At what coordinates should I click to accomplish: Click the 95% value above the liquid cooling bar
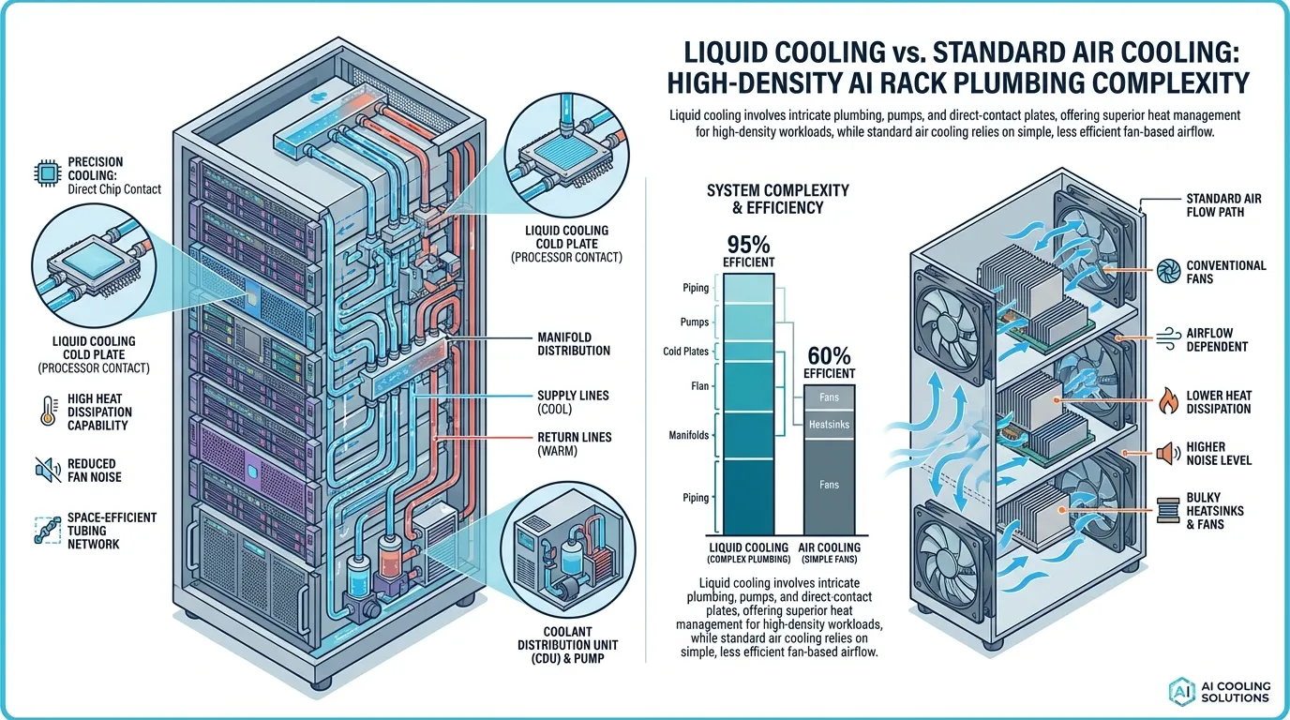click(748, 245)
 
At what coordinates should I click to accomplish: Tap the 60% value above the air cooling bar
click(829, 355)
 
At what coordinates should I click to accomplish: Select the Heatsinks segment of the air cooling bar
click(829, 425)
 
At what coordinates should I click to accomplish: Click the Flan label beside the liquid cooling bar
click(699, 386)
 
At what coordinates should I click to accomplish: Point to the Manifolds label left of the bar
click(689, 435)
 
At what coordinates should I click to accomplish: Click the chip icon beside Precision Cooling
click(47, 172)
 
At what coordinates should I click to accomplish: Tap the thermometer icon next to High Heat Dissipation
click(49, 412)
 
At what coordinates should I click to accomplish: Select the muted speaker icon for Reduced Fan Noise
click(48, 470)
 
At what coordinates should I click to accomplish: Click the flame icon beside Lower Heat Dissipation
click(1168, 401)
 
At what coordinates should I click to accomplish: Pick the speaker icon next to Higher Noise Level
click(1168, 454)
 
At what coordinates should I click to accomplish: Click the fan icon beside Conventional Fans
click(1168, 271)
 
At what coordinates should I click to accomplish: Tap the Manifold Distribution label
click(574, 344)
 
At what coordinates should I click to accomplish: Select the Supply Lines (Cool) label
click(573, 402)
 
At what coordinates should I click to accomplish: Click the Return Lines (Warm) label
click(574, 443)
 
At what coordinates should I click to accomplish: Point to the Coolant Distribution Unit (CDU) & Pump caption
click(567, 645)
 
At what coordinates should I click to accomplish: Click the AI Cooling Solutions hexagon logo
click(1182, 691)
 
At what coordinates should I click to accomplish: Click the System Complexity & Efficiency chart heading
click(778, 199)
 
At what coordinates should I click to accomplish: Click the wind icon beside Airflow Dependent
click(1168, 338)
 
